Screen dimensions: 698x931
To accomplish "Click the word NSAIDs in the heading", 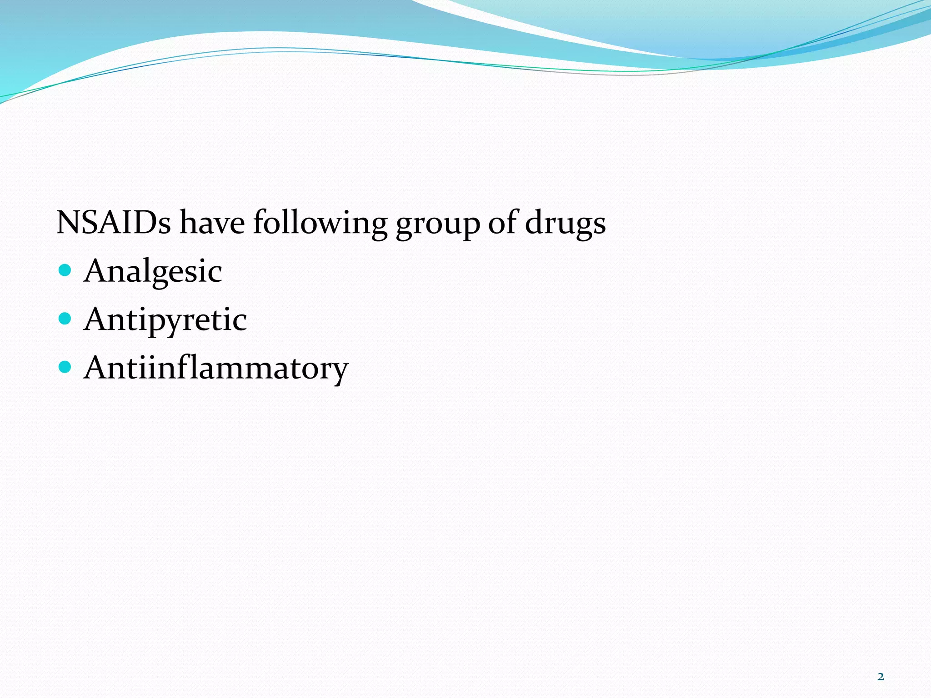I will point(114,223).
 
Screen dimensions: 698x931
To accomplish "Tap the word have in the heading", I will point(212,223).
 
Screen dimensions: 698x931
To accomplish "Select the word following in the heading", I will point(320,224).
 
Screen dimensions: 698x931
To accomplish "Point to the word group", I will point(437,224).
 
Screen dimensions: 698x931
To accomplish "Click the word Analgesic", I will point(153,271).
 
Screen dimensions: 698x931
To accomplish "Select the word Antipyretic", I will point(165,320).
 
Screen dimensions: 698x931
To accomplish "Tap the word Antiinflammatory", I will point(216,368).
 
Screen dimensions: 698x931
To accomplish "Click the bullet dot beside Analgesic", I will point(65,270).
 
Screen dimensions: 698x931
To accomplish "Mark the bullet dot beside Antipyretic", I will point(65,319).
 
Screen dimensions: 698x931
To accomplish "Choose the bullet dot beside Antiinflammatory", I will point(65,367).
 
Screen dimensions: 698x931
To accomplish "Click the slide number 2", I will point(881,677).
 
